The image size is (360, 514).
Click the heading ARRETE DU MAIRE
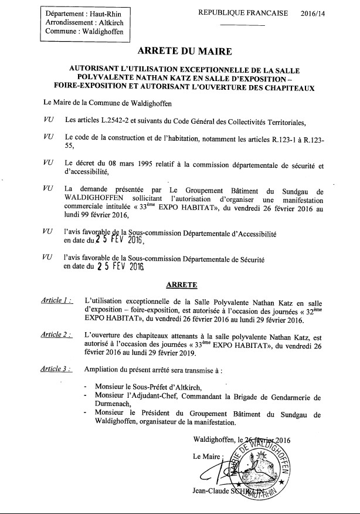(180, 52)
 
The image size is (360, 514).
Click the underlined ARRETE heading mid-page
(181, 285)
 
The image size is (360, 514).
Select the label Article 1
(57, 300)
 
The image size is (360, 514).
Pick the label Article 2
(57, 334)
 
